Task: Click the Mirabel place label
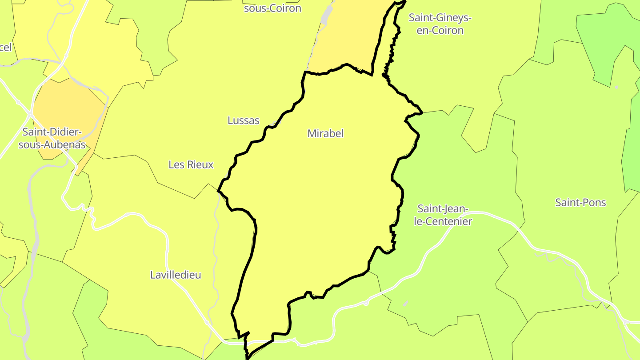point(325,133)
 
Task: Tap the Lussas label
point(243,120)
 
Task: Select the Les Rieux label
point(191,164)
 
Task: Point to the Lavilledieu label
point(176,275)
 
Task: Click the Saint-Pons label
point(580,203)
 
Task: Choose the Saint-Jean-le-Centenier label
point(443,215)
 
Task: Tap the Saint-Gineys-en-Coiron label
point(440,24)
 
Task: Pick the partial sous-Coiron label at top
point(272,8)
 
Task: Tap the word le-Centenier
point(443,221)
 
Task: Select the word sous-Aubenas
point(52,144)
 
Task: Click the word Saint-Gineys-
point(440,18)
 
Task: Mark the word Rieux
point(200,164)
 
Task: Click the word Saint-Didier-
point(52,132)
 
